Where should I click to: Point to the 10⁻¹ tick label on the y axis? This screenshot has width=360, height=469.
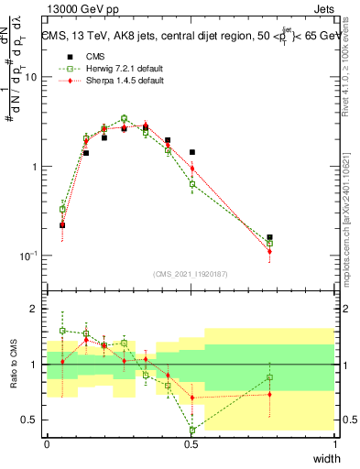point(27,256)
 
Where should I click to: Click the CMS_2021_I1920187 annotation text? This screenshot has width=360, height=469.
point(191,274)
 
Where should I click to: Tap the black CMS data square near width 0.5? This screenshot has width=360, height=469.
point(192,152)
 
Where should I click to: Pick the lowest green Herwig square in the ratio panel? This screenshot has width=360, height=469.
point(192,430)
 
